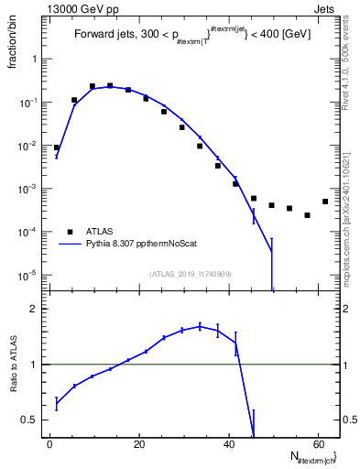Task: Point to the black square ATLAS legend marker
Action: (x=70, y=232)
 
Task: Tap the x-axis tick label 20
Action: (x=138, y=446)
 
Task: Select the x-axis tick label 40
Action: (x=227, y=446)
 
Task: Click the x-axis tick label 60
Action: (x=317, y=446)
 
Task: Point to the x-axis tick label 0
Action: (x=49, y=446)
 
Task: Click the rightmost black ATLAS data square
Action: (x=325, y=202)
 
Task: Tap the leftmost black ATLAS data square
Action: (x=57, y=147)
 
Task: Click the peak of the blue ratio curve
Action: (x=200, y=326)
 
